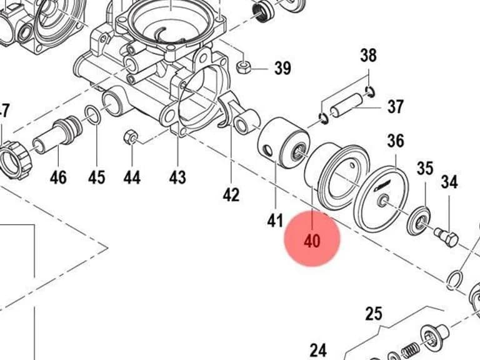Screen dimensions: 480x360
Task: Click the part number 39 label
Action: tap(282, 67)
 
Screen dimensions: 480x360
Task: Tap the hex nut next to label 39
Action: tap(244, 67)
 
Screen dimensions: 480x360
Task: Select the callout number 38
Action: tap(368, 56)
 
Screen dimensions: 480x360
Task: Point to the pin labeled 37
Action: tap(346, 105)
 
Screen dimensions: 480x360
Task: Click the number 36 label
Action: tap(396, 141)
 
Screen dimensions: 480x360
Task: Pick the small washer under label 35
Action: tap(420, 221)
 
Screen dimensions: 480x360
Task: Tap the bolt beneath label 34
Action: tap(447, 237)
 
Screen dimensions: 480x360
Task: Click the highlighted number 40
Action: tap(312, 241)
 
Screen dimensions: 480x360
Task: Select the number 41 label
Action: tap(275, 220)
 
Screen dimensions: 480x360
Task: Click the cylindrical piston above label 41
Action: tap(283, 142)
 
